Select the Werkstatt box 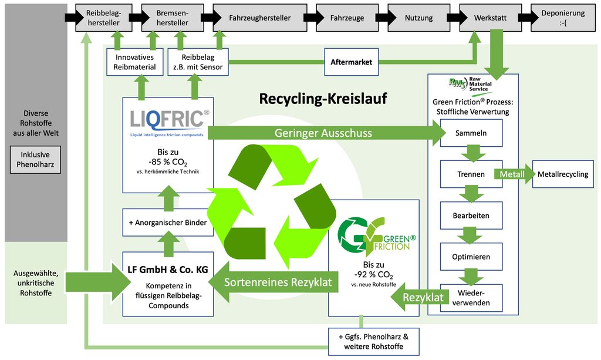(x=491, y=18)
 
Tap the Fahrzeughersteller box (x=259, y=18)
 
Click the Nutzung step (x=418, y=18)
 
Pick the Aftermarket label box (x=352, y=62)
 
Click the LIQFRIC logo (x=168, y=120)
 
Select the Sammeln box (x=471, y=133)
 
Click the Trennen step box (x=471, y=174)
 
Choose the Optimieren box (x=471, y=257)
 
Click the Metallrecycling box (x=562, y=174)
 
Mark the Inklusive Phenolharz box (x=36, y=160)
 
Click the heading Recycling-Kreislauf (x=323, y=99)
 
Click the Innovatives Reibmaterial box (x=134, y=62)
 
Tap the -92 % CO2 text (x=373, y=274)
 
